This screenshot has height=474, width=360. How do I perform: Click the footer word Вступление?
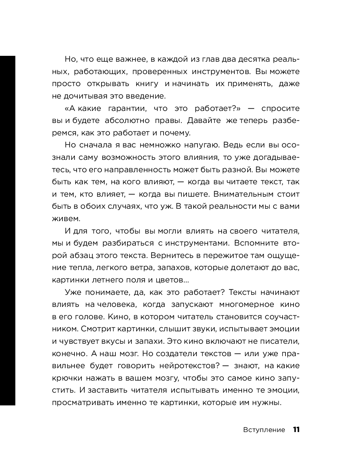pos(264,430)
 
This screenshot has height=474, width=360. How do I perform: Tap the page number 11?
pos(296,430)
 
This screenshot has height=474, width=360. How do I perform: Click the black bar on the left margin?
pos(7,230)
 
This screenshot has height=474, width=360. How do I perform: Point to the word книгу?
pos(147,84)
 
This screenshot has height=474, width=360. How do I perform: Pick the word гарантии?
pos(126,108)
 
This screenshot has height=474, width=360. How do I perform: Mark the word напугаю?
pos(198,145)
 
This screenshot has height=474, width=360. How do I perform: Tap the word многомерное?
pos(247,304)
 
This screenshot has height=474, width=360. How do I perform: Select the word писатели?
pos(281,341)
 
